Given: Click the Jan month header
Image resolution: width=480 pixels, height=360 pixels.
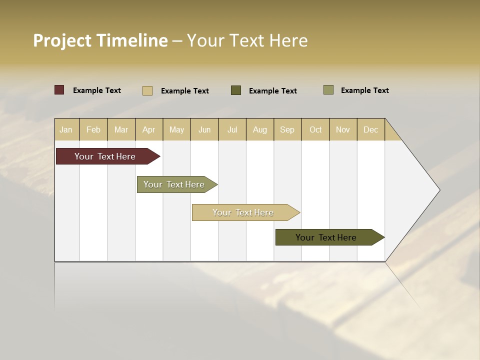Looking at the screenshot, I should (66, 129).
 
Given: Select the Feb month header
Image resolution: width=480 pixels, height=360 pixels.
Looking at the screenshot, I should (93, 129).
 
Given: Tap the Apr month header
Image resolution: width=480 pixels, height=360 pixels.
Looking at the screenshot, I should (148, 129).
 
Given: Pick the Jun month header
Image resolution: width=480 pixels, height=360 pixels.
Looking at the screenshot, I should (204, 129).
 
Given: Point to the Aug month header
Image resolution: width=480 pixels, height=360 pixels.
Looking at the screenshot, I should (259, 129).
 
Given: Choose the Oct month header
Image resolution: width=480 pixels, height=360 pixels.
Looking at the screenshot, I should (315, 129).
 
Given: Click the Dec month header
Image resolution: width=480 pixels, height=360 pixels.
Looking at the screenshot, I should (370, 129).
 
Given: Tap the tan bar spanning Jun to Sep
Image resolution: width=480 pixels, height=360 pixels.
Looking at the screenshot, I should (243, 212).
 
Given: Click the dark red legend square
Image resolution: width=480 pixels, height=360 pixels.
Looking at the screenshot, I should (59, 90).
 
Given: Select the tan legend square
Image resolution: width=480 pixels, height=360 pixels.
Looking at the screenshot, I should (147, 90).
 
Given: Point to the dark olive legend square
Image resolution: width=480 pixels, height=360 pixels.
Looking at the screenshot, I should (236, 90).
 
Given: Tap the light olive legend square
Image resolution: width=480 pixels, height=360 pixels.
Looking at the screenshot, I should (328, 90).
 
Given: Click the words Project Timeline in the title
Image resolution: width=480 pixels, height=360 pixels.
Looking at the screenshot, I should (100, 40).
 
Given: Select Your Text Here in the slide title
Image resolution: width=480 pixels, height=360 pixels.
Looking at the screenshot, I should (247, 40).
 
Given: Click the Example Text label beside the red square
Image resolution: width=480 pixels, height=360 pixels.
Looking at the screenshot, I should (97, 90).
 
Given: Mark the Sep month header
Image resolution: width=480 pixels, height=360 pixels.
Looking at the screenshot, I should (287, 129).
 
